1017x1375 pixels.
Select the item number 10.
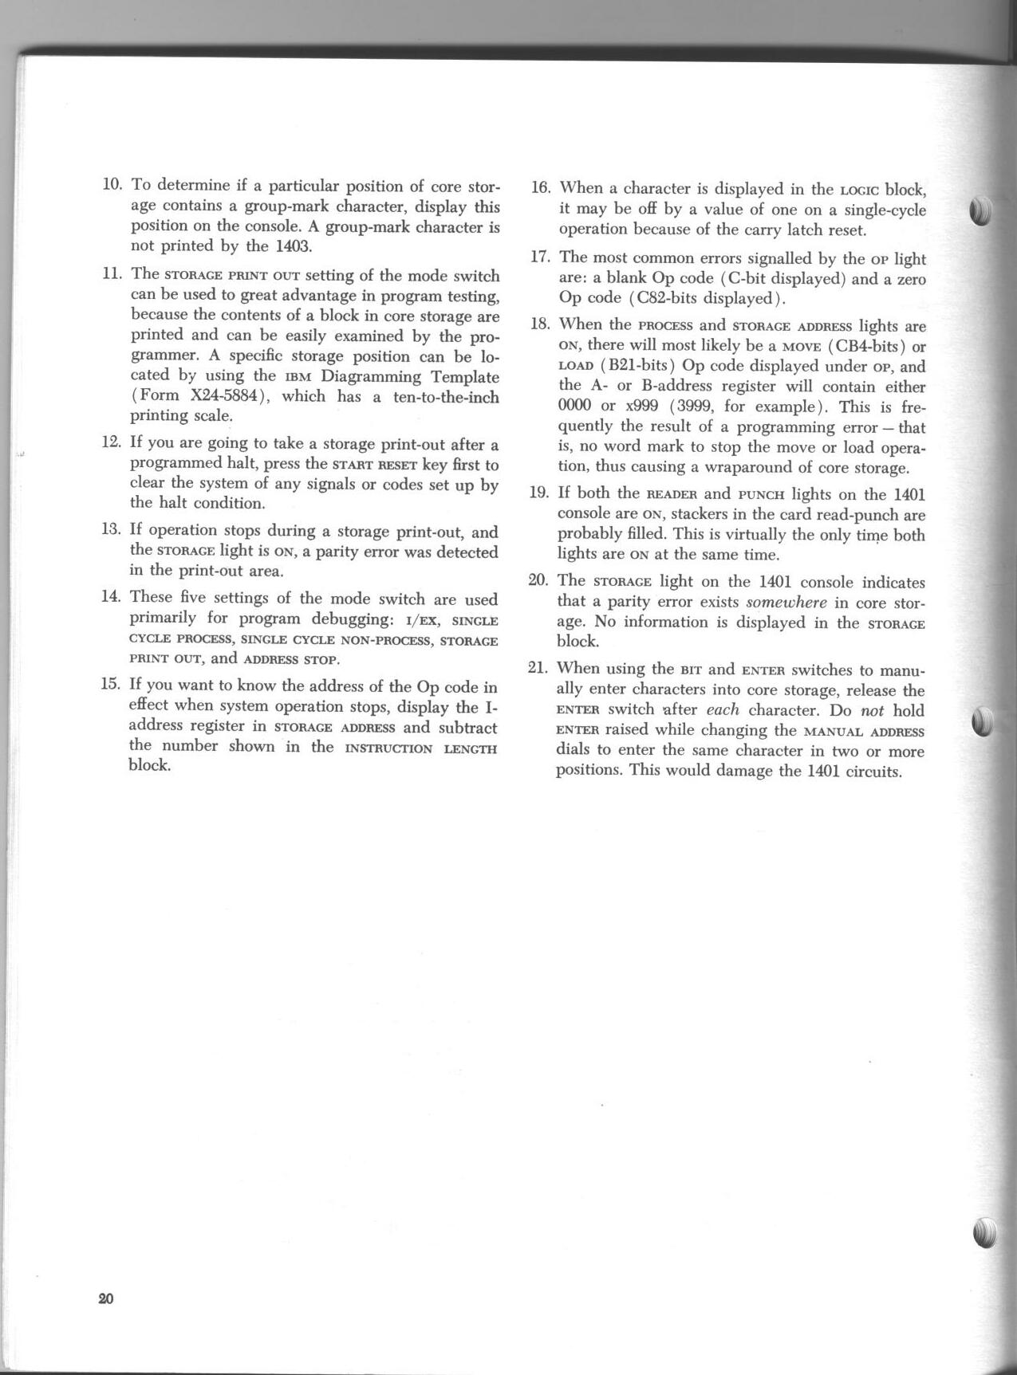point(112,186)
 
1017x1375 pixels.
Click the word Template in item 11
point(464,376)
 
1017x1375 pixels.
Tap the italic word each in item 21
point(723,710)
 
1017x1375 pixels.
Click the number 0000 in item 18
point(574,407)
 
